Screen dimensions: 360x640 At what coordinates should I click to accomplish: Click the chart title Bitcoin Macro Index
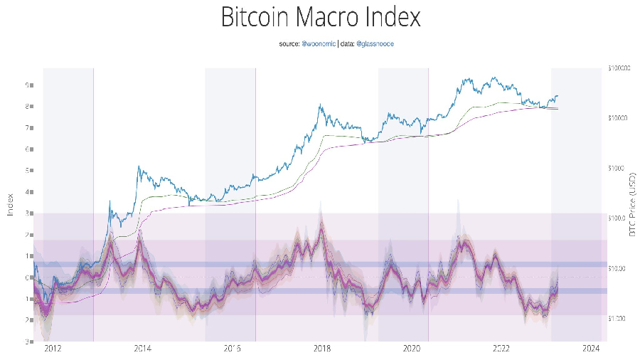coord(321,17)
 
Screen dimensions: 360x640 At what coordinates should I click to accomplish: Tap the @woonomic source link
coord(319,44)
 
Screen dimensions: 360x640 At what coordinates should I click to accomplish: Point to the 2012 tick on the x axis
coord(53,349)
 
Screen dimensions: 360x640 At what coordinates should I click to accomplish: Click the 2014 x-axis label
coord(142,349)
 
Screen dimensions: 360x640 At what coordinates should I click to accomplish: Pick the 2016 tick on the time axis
coord(233,349)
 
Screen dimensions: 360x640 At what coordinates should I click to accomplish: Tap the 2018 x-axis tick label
coord(322,349)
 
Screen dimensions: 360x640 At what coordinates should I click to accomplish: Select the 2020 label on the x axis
coord(412,349)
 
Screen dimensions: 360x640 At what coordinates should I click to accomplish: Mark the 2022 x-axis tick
coord(502,349)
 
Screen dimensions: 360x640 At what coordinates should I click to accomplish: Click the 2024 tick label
coord(592,349)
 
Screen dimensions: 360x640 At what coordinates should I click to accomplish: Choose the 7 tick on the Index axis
coord(26,128)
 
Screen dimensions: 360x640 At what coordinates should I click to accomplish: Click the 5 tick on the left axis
coord(26,171)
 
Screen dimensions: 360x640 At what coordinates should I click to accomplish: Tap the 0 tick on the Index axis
coord(26,277)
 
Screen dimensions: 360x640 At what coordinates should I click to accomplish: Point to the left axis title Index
coord(11,205)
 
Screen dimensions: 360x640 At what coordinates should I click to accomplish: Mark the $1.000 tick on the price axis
coord(618,319)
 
